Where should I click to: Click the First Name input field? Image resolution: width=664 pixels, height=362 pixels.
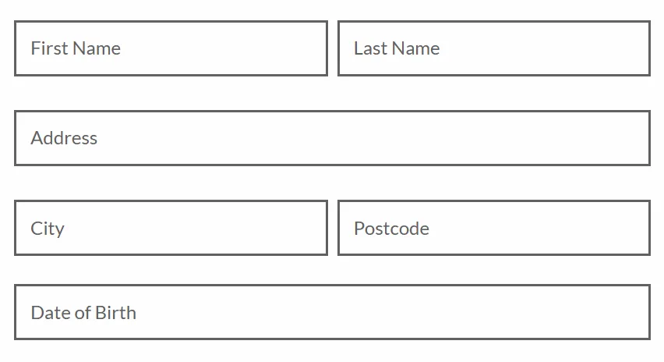tap(171, 48)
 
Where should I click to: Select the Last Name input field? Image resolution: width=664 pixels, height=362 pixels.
tap(494, 48)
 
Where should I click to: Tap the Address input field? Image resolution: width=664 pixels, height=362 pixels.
tap(333, 138)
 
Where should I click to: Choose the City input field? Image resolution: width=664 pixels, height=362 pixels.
tap(171, 228)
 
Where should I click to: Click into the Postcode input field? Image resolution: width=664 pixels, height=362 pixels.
tap(494, 228)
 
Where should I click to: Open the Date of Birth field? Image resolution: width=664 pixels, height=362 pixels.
tap(333, 312)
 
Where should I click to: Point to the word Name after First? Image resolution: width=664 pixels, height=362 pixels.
tap(97, 48)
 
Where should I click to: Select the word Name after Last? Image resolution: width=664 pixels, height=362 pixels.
tap(416, 48)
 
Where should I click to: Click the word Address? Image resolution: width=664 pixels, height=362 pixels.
tap(64, 138)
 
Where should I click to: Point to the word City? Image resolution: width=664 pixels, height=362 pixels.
tap(48, 229)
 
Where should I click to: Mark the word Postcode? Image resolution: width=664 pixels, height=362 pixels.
tap(392, 229)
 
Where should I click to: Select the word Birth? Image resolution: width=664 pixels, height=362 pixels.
tap(115, 313)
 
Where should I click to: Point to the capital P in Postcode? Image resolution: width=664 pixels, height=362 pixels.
tap(359, 229)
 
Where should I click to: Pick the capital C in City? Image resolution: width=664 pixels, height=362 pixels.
tap(37, 229)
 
